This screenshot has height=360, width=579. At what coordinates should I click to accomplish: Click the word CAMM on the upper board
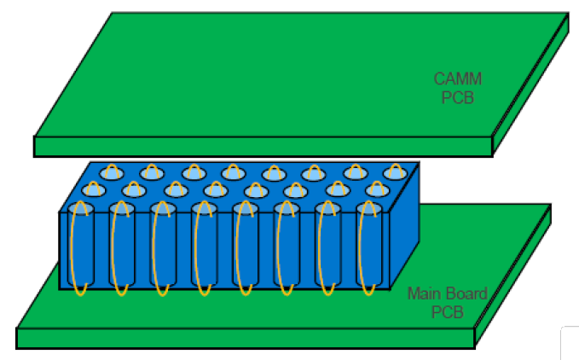[458, 79]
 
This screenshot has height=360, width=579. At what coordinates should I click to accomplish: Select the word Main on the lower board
[424, 294]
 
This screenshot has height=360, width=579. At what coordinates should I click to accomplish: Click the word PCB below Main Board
[446, 312]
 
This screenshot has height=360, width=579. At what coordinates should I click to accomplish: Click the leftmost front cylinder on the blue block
[81, 247]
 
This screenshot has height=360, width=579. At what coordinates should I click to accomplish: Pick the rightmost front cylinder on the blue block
[370, 247]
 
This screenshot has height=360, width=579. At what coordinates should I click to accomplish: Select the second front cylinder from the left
[122, 247]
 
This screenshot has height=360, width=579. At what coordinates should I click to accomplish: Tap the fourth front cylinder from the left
[205, 247]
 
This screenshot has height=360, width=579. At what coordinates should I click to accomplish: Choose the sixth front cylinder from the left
[287, 247]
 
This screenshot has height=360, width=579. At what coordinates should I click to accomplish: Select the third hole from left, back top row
[191, 174]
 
